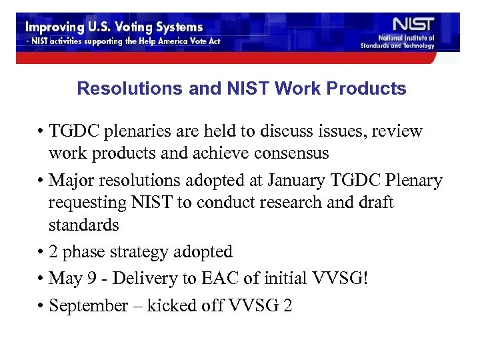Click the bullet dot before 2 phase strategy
(41, 252)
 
